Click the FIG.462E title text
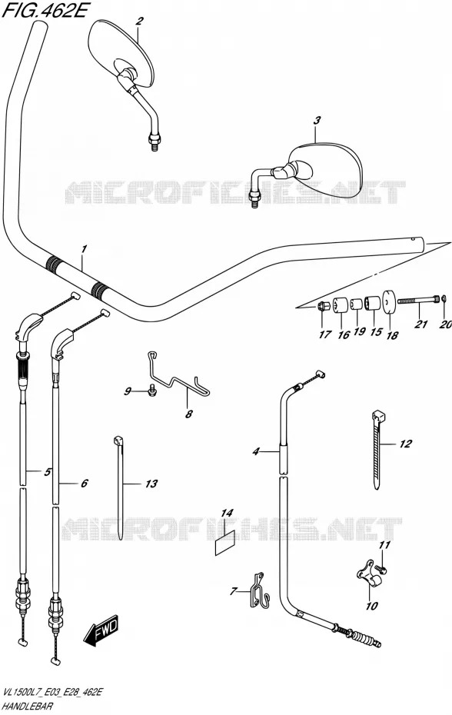coord(44,11)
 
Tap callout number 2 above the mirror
coord(140,21)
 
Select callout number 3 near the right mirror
coord(317,121)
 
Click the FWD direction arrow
coord(101,631)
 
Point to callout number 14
coord(227,514)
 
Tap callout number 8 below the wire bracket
coord(189,414)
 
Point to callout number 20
coord(446,324)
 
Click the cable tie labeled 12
coord(377,450)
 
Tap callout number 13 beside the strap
coord(151,484)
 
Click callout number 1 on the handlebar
coord(84,249)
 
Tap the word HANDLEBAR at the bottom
coord(27,707)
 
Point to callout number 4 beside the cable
coord(256,452)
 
